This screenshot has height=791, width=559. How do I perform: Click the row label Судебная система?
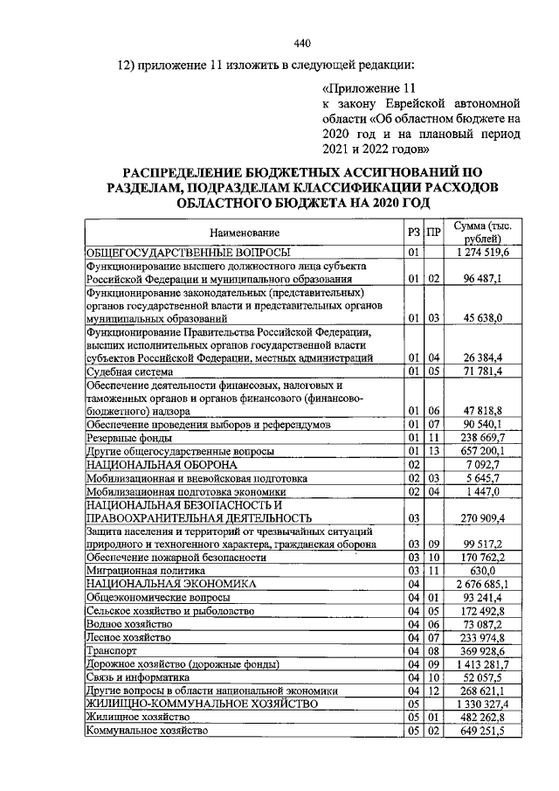128,371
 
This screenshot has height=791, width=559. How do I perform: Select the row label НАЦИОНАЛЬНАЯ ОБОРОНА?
161,464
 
